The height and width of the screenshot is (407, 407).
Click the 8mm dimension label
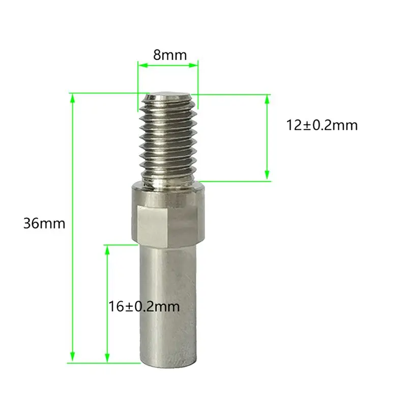click(x=170, y=55)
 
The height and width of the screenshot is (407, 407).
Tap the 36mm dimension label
click(x=44, y=223)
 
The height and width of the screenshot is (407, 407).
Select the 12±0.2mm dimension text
click(x=322, y=125)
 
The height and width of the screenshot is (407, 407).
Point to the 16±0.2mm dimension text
click(x=144, y=307)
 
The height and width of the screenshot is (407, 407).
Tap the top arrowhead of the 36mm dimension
click(x=73, y=99)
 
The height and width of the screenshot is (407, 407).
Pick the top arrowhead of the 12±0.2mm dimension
click(x=267, y=100)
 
